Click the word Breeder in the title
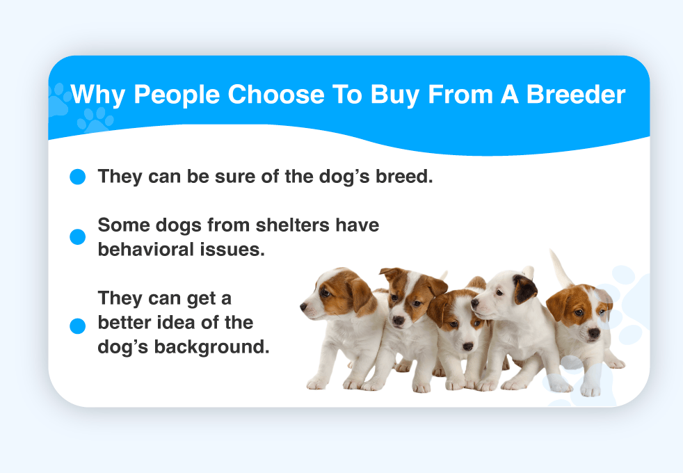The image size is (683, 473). point(576,94)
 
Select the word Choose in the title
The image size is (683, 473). point(276,94)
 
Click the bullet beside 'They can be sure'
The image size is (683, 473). point(77,177)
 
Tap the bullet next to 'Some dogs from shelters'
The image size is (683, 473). point(77,237)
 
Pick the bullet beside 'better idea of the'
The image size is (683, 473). point(77,326)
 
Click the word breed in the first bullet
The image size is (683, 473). point(404,177)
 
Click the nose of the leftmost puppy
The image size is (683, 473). point(303,307)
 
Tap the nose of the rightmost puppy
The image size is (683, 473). point(594,334)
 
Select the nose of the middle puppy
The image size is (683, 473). point(468,346)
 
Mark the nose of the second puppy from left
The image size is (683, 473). point(398,321)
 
